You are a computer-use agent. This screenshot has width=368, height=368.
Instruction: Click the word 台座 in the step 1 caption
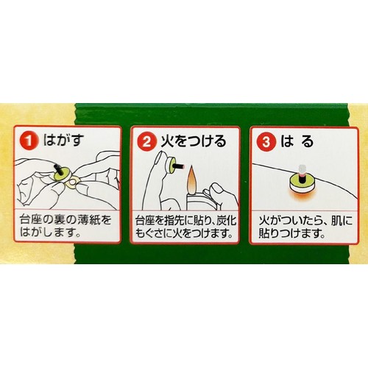coord(32,219)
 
